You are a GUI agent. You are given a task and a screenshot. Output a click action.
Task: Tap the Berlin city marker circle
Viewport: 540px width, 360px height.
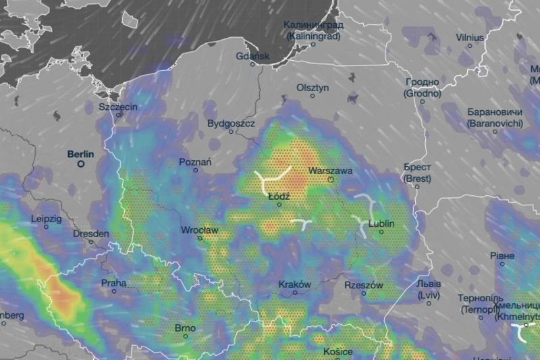point(81,163)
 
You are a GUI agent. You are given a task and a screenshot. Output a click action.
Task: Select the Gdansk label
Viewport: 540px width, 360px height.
point(253,56)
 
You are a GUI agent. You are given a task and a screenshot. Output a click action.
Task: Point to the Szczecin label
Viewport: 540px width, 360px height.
point(118,107)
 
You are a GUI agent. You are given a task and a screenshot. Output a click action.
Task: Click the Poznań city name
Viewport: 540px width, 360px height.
point(196,162)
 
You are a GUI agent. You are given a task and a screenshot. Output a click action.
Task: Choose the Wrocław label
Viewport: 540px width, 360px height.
point(200,230)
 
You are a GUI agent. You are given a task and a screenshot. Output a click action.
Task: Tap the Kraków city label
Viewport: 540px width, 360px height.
point(294,284)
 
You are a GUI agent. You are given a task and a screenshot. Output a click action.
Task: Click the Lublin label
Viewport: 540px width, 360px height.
point(381,224)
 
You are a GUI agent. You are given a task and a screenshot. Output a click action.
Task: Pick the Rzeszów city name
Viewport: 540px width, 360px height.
point(363,285)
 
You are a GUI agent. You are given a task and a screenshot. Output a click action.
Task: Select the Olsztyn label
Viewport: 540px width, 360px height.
point(313,88)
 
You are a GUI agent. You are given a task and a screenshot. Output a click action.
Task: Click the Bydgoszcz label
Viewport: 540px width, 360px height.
point(231,124)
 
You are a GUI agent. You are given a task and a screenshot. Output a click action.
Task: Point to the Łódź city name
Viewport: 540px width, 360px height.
point(279,196)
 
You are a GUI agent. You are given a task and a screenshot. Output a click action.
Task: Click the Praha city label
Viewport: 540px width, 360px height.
point(113,283)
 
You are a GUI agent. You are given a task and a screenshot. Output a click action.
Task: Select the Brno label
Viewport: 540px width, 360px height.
point(185,328)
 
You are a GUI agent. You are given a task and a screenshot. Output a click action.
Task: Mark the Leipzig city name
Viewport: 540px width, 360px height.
point(46,219)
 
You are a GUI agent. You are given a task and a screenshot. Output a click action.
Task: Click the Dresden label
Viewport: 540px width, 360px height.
point(90,233)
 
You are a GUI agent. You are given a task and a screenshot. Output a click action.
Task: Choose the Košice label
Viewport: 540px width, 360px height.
point(337,352)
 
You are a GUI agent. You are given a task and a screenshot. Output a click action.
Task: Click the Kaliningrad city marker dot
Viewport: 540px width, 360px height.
point(313,45)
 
